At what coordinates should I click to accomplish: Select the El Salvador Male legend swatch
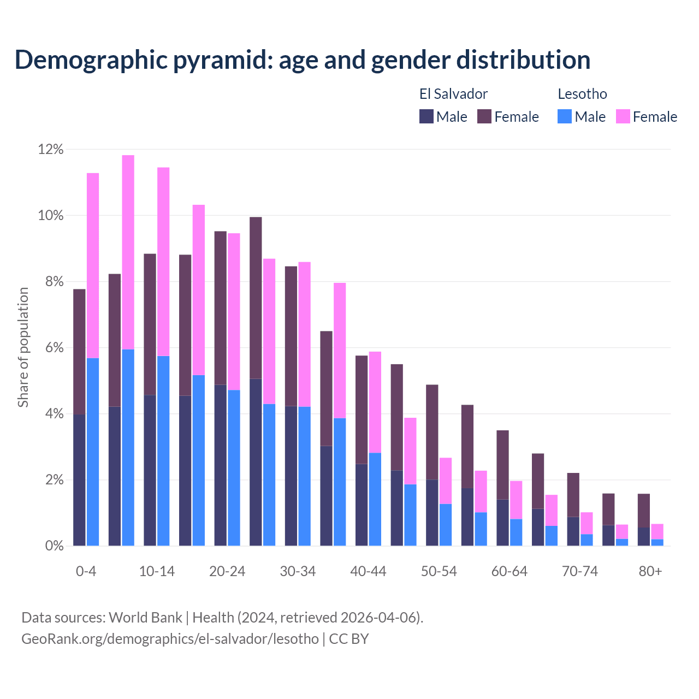(426, 116)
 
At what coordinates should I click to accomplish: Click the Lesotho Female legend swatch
(623, 116)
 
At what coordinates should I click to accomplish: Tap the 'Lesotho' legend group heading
(582, 94)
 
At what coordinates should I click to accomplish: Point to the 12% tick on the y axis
(51, 150)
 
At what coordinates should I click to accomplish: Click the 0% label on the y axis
(54, 546)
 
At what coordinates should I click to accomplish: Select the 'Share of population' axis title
(23, 347)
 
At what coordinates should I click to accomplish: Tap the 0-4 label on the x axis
(86, 571)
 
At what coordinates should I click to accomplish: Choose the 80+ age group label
(650, 571)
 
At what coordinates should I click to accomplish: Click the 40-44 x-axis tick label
(368, 571)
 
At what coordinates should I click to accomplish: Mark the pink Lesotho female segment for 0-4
(93, 265)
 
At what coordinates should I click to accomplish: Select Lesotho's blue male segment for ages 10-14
(163, 451)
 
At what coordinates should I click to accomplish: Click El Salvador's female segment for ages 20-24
(220, 308)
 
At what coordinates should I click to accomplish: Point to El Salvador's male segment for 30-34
(291, 476)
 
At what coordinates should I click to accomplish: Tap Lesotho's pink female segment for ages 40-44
(375, 402)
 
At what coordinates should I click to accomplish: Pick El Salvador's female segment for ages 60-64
(502, 465)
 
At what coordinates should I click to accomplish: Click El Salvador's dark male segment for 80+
(643, 536)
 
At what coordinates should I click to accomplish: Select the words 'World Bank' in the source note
(145, 618)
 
